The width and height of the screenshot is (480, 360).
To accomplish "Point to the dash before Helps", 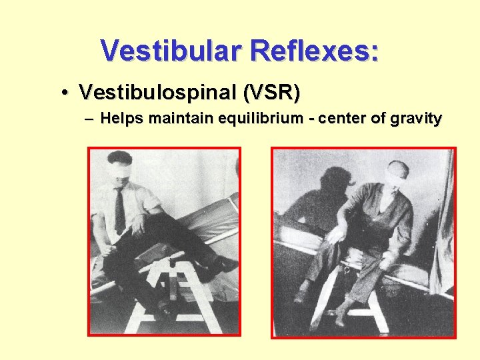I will (90, 119).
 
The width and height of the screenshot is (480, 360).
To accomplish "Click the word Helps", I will (123, 119).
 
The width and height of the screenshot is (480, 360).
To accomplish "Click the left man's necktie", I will (119, 209).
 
